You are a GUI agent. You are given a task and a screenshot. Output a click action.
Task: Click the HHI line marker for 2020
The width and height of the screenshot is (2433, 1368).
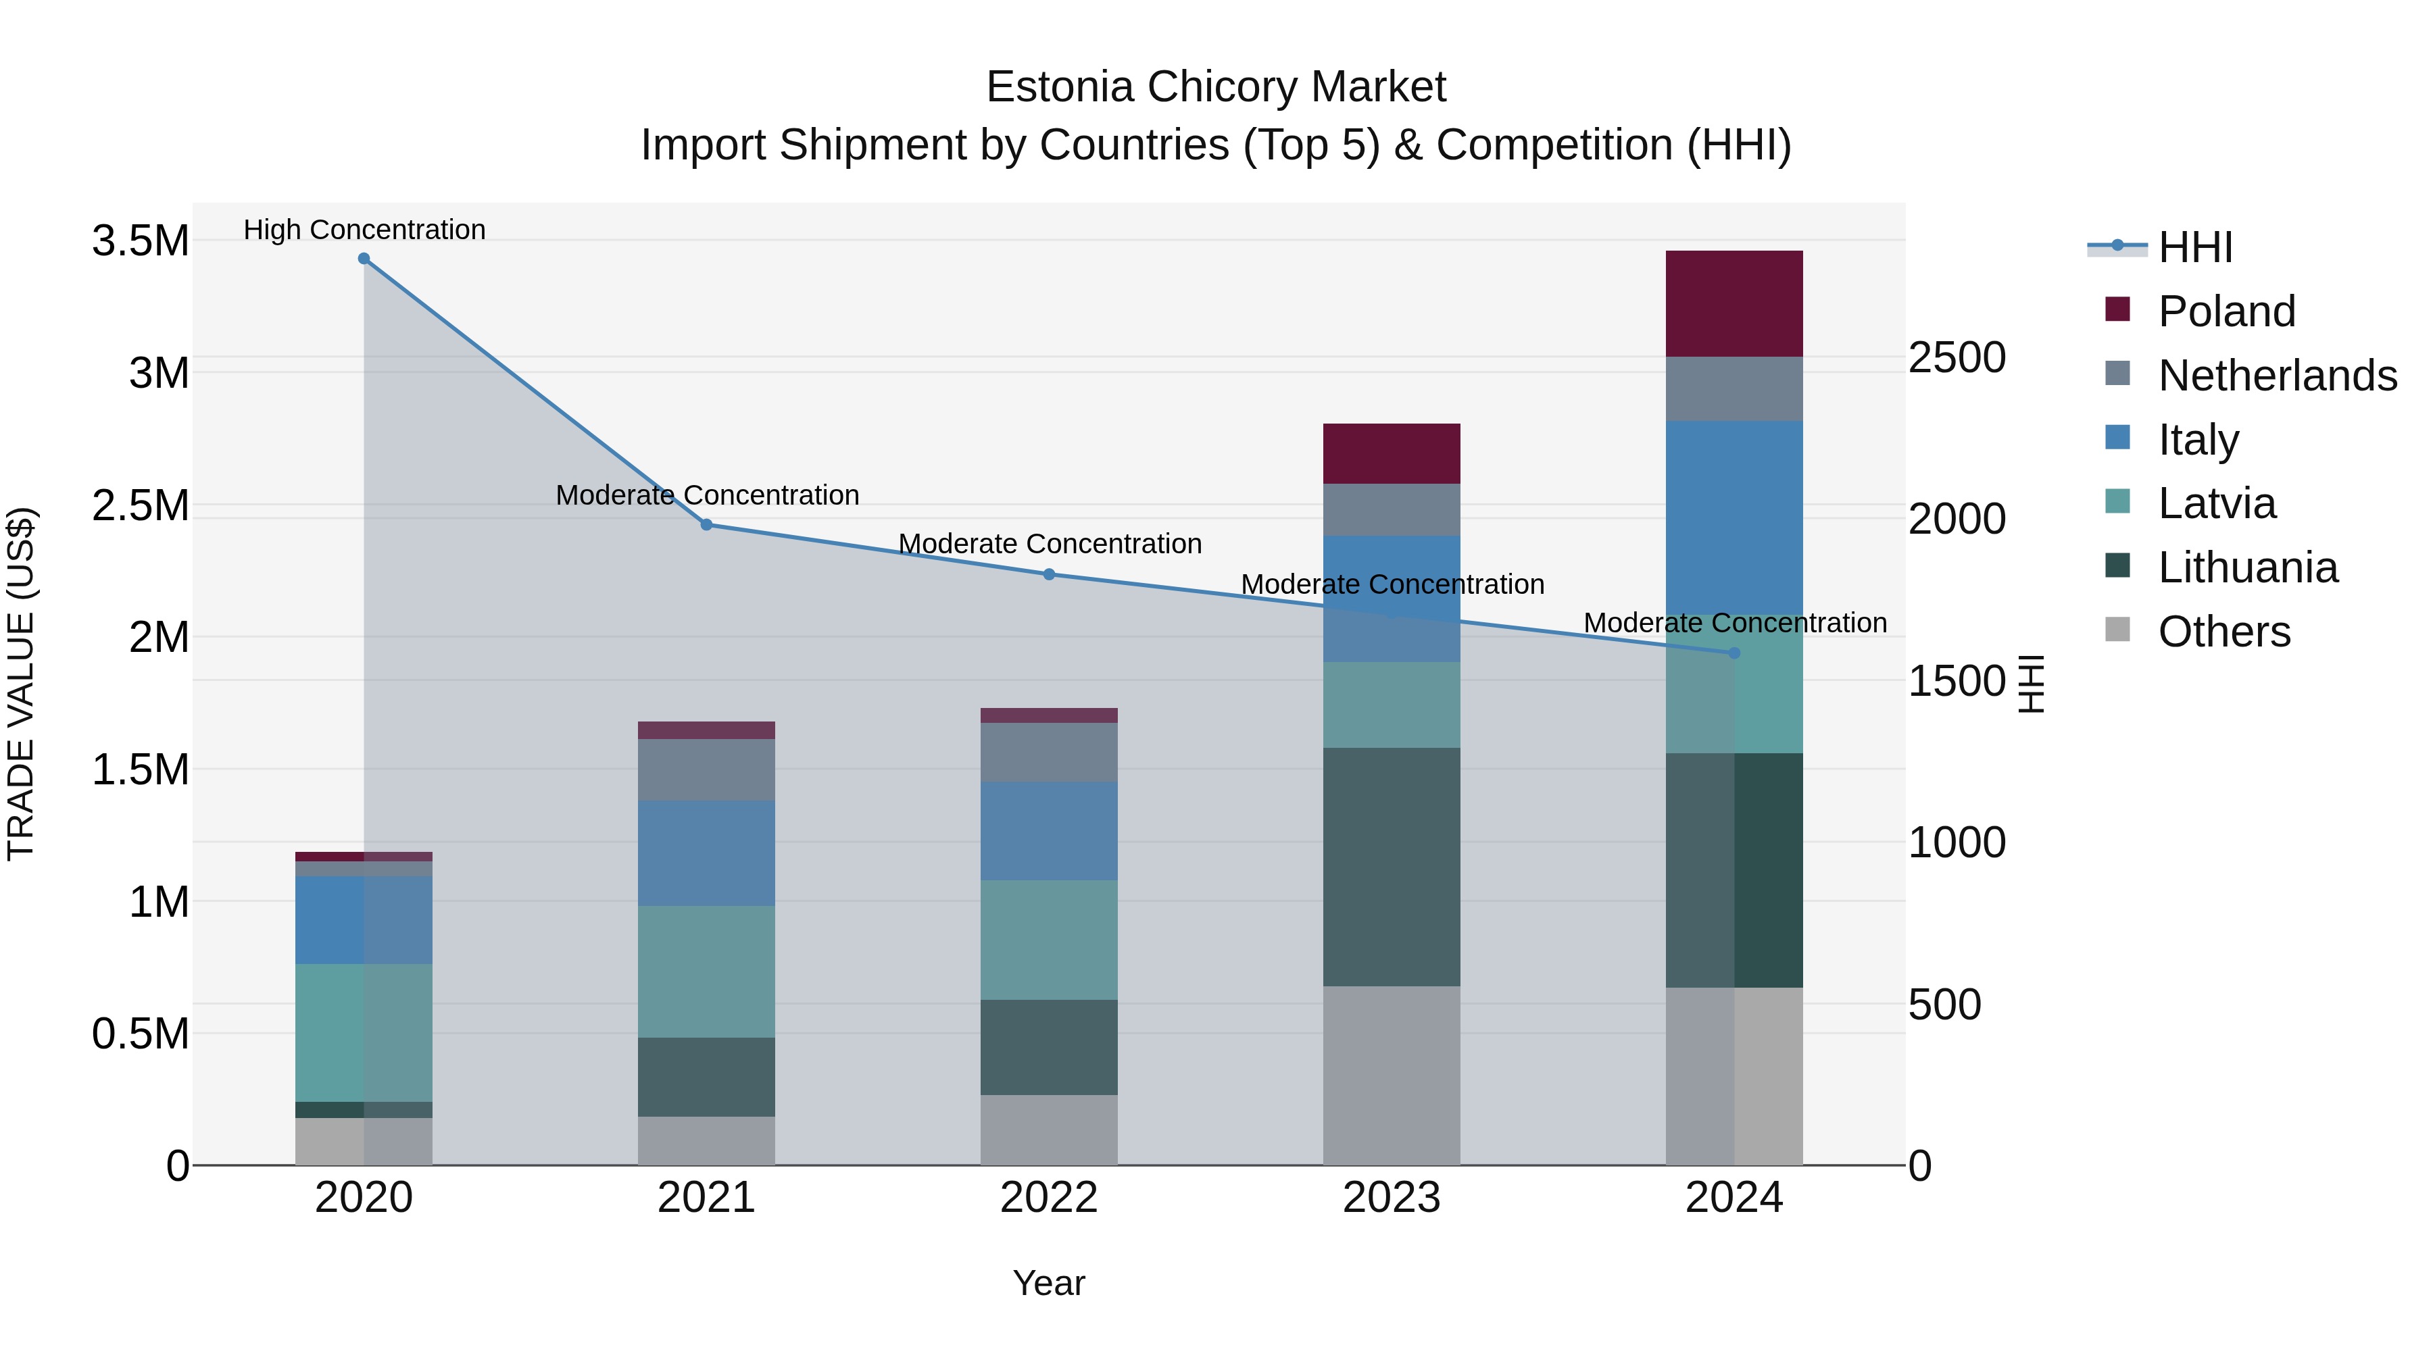(364, 259)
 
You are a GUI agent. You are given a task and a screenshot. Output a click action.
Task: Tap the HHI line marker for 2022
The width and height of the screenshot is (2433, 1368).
(1048, 574)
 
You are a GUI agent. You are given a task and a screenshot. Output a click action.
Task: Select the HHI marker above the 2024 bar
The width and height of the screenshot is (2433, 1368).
(1734, 653)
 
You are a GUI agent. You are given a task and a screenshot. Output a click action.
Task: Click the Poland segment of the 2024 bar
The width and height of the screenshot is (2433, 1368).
(1734, 303)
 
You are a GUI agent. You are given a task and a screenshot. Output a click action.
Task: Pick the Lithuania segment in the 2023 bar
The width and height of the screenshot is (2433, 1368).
(1392, 867)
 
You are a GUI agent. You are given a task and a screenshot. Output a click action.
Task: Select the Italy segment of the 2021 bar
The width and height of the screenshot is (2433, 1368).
(706, 853)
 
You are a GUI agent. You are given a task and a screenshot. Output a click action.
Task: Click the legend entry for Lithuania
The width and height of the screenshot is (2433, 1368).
(2247, 567)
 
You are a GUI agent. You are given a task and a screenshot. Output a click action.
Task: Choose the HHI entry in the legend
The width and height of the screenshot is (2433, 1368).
(2195, 247)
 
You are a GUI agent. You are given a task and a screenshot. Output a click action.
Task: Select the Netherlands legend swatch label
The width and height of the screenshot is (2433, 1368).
(2276, 376)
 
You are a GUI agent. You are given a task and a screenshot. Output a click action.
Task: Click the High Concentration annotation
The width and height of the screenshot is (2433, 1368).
(364, 230)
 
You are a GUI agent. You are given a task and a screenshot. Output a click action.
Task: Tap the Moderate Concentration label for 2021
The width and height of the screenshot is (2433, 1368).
(706, 495)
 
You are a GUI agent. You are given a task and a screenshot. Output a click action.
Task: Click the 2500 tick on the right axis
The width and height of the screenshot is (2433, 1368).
(1957, 358)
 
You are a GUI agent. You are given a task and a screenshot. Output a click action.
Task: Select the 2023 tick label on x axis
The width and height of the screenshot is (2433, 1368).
(1392, 1198)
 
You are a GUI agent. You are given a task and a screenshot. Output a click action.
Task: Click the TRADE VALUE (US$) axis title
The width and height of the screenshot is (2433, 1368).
(21, 684)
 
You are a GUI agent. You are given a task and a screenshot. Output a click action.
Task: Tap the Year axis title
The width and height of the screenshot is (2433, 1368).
(1048, 1283)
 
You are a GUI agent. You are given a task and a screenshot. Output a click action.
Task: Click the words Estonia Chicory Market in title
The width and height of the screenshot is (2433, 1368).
(1216, 87)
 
